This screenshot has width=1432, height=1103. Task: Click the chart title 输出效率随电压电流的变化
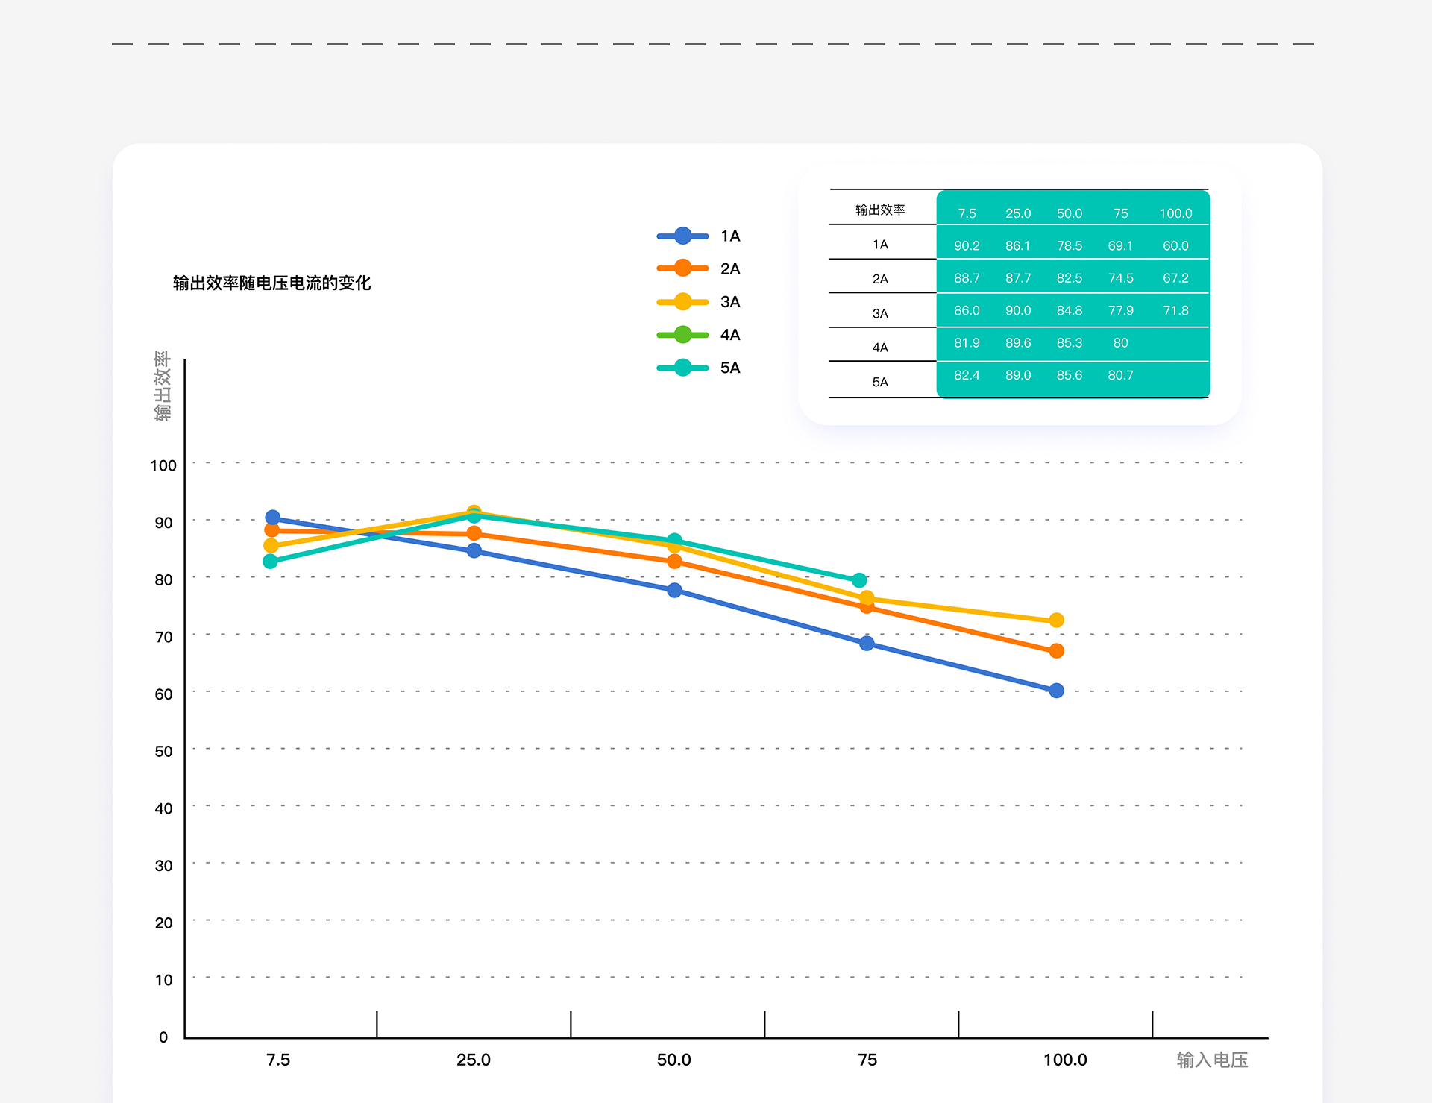(x=271, y=283)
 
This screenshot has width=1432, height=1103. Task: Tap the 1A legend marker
(x=682, y=236)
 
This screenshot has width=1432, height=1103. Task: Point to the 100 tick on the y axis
(x=163, y=465)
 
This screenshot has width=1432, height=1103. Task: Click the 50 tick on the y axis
(x=163, y=751)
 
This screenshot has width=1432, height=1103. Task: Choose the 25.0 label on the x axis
(x=474, y=1060)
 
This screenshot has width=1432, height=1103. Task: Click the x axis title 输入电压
(x=1212, y=1060)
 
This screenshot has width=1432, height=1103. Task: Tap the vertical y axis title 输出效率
(x=163, y=386)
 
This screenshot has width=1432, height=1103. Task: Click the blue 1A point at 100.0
(x=1056, y=691)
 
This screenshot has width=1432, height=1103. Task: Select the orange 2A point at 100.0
(x=1056, y=651)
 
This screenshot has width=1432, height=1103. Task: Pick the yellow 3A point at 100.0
(x=1056, y=620)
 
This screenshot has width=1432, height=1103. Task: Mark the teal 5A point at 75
(x=859, y=580)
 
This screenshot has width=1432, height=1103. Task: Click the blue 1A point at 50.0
(x=674, y=591)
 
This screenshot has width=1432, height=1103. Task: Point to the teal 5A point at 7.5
(x=271, y=562)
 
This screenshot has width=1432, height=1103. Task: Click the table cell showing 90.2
(x=967, y=246)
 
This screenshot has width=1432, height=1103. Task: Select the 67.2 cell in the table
(x=1175, y=278)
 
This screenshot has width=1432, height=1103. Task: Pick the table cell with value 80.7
(x=1120, y=375)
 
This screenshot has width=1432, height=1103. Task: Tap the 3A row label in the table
(x=880, y=314)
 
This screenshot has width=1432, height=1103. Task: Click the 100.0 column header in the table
(x=1175, y=213)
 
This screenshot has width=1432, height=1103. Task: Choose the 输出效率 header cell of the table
(x=880, y=210)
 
